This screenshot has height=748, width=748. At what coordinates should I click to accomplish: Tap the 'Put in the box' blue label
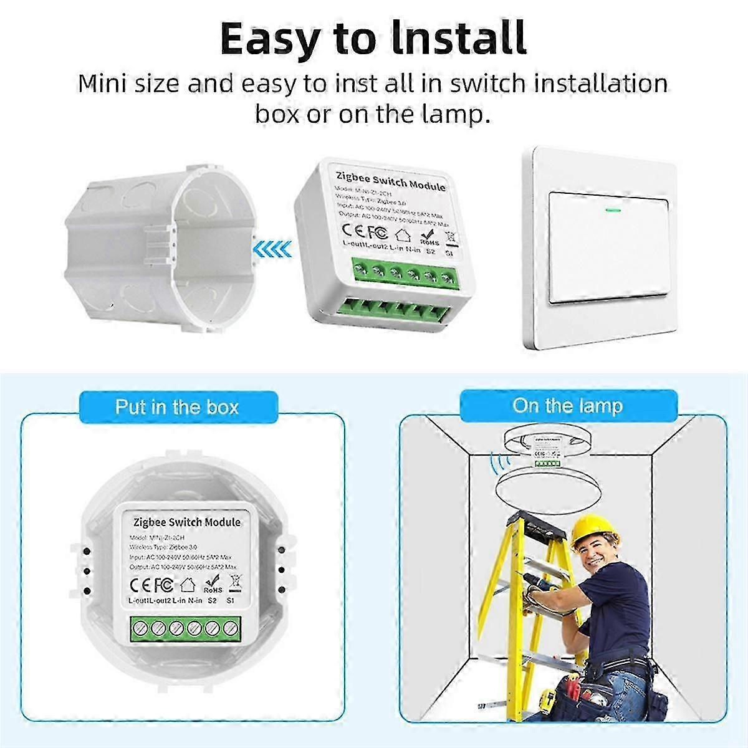pos(177,408)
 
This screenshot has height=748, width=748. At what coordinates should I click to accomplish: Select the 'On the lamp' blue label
pos(567,406)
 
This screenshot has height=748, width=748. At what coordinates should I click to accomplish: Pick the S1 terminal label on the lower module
pos(230,601)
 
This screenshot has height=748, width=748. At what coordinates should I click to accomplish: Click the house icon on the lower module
pos(187,585)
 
